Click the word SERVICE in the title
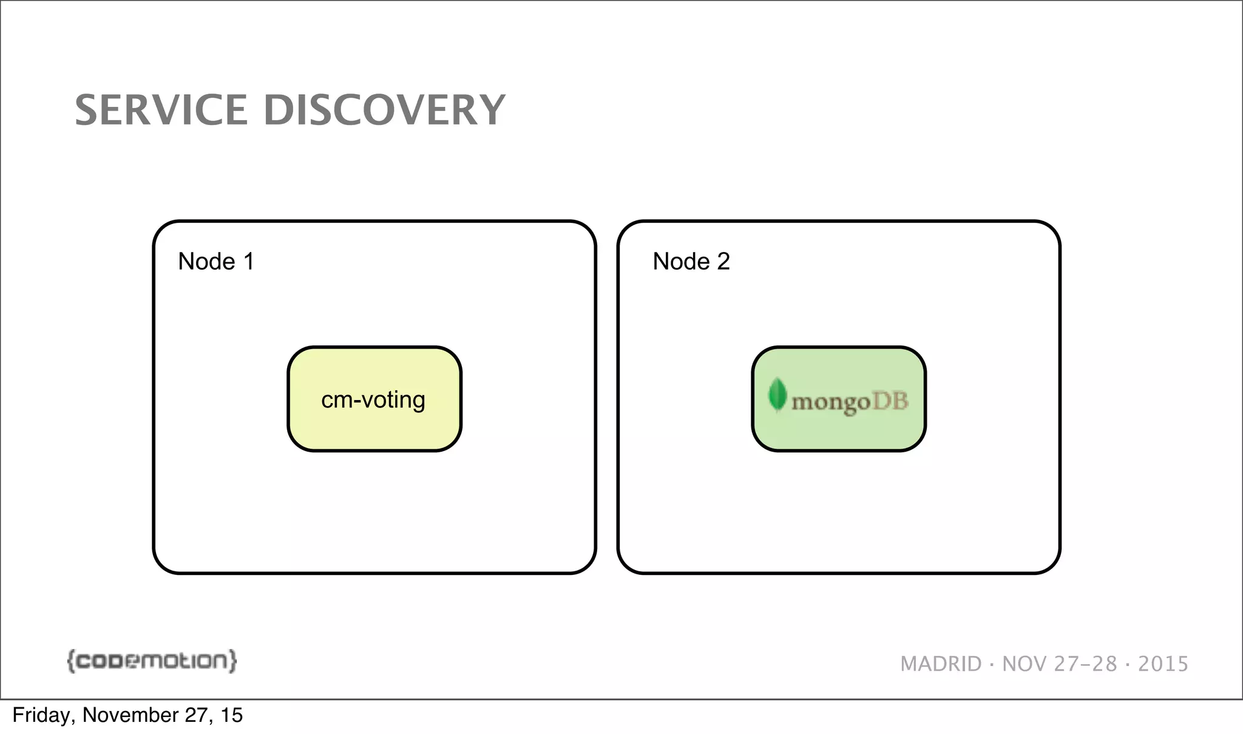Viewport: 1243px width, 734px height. click(x=160, y=110)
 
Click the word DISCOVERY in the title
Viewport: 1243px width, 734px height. click(x=384, y=110)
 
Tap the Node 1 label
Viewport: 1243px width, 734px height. click(x=215, y=262)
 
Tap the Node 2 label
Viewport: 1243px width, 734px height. click(x=691, y=262)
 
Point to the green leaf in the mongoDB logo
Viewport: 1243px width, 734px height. click(x=777, y=395)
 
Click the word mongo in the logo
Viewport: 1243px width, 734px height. click(x=831, y=402)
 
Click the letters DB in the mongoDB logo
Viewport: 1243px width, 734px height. click(x=890, y=401)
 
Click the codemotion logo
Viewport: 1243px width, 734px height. click(x=152, y=661)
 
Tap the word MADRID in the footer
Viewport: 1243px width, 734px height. click(x=941, y=664)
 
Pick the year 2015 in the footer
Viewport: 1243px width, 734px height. click(x=1163, y=664)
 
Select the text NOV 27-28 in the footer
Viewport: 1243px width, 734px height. click(x=1059, y=664)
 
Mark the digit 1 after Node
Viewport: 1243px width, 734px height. click(x=248, y=262)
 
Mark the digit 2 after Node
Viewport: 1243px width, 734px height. click(x=723, y=262)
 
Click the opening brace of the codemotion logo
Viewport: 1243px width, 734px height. click(x=71, y=661)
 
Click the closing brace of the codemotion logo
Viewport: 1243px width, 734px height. click(x=232, y=661)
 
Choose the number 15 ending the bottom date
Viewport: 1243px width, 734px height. click(x=231, y=715)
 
